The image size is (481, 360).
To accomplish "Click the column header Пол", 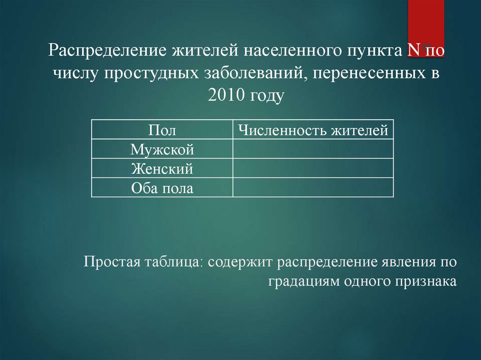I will (162, 130).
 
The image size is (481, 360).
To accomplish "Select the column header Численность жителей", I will (313, 130).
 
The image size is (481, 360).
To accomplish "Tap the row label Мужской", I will (162, 150).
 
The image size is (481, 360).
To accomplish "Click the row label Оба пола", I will (162, 188).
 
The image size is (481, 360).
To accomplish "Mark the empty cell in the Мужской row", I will (313, 149).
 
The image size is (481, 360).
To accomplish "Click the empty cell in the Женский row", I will (313, 169).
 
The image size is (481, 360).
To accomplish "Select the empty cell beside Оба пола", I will (313, 188).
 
